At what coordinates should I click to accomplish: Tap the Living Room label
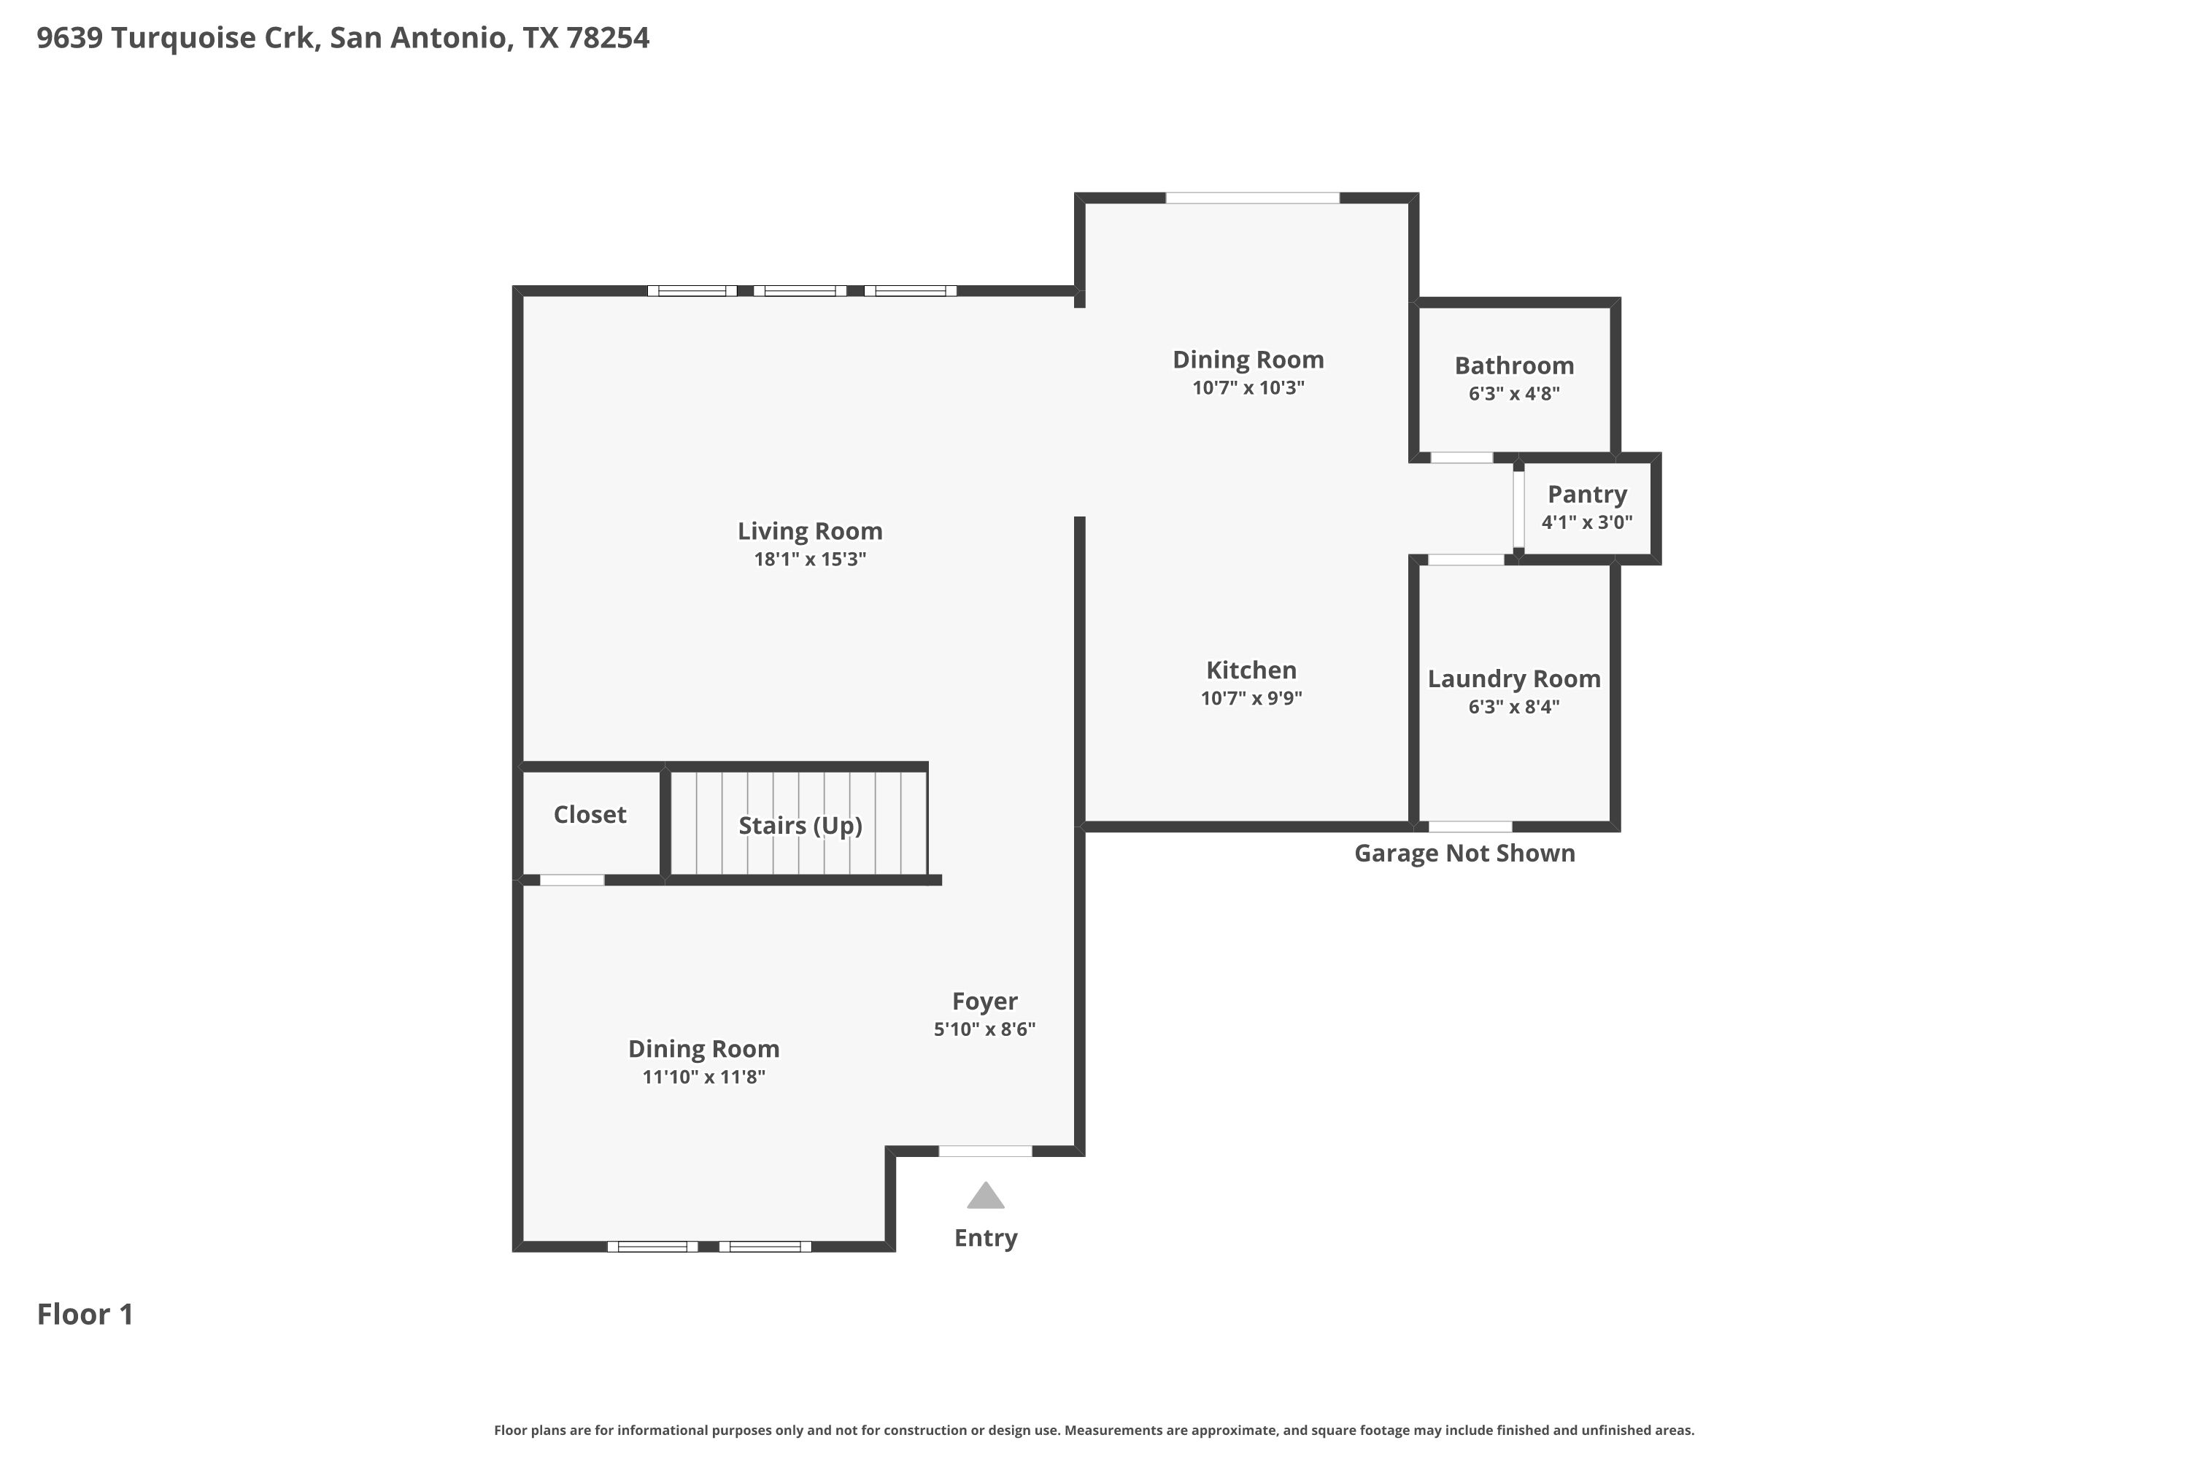pos(810,531)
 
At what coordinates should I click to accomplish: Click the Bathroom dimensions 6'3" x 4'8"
pos(1513,394)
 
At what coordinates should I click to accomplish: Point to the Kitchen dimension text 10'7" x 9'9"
pos(1251,698)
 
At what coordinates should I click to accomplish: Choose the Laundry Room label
pos(1513,679)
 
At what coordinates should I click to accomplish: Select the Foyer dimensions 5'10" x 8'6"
pos(984,1029)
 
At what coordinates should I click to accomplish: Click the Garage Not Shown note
pos(1464,854)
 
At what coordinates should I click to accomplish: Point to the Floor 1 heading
pos(85,1314)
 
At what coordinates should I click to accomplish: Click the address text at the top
pos(342,38)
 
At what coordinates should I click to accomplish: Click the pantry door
pos(1518,509)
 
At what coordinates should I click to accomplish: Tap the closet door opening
pos(571,881)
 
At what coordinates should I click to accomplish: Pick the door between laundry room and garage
pos(1470,827)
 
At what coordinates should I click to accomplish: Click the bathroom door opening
pos(1462,458)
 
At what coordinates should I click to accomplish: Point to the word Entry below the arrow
pos(986,1239)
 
